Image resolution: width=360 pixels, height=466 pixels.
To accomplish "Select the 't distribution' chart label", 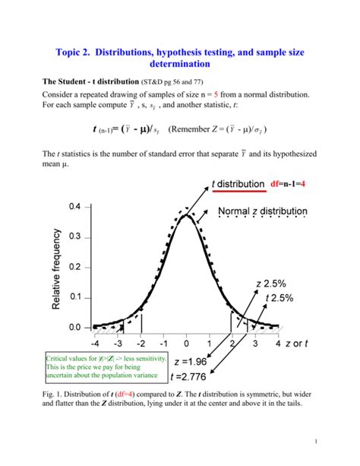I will click(235, 184).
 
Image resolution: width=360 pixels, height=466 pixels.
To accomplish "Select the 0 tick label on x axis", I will click(187, 343).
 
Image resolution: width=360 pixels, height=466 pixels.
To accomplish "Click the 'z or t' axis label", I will click(302, 343).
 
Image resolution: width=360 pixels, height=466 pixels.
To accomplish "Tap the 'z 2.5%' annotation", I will click(272, 284).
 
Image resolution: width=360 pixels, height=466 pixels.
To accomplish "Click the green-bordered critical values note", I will click(103, 366).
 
